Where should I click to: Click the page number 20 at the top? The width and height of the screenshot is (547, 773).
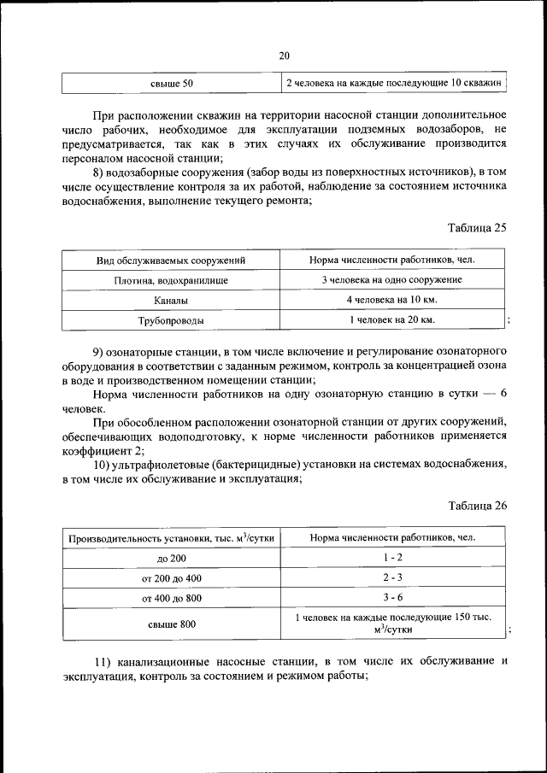click(x=284, y=56)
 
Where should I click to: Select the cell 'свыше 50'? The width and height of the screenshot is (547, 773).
click(x=171, y=83)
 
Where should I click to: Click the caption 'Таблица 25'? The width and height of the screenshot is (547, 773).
click(x=478, y=227)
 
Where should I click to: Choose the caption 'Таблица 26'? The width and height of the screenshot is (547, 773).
click(x=478, y=505)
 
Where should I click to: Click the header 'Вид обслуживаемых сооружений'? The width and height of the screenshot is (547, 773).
click(x=171, y=259)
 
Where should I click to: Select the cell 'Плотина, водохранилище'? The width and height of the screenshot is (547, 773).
click(x=171, y=279)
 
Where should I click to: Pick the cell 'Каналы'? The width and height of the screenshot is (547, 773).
click(x=171, y=300)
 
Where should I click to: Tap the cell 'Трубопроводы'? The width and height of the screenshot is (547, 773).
click(x=171, y=320)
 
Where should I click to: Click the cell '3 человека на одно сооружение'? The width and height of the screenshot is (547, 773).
click(x=392, y=279)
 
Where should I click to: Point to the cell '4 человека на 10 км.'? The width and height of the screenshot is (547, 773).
click(x=392, y=300)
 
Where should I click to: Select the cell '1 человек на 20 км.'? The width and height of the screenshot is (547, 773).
click(x=392, y=320)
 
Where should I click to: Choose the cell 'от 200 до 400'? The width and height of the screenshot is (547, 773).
click(x=171, y=578)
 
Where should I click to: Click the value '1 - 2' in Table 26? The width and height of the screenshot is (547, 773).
click(x=392, y=558)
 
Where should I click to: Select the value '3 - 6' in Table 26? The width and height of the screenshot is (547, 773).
click(x=392, y=598)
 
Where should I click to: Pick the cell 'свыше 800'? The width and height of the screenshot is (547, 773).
click(x=171, y=624)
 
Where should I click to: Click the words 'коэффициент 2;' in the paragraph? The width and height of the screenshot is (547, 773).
click(x=103, y=450)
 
